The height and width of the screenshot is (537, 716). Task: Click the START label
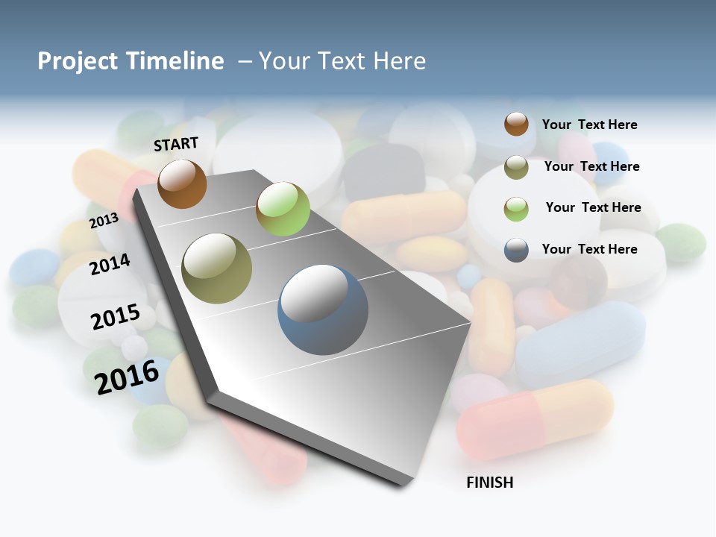(176, 144)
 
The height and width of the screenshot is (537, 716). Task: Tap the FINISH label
(490, 483)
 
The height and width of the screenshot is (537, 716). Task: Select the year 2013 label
(104, 221)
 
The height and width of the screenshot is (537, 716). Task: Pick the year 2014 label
(110, 264)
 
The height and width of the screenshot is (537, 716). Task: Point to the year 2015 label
(115, 317)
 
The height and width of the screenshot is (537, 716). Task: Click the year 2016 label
(127, 377)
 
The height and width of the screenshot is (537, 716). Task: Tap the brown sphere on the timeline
(182, 183)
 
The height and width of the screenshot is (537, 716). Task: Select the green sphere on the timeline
(283, 209)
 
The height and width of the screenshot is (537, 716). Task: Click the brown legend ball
(516, 125)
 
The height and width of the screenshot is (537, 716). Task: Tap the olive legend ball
(516, 167)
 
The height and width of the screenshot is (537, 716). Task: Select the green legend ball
(516, 208)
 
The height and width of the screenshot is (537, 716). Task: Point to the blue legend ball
(516, 250)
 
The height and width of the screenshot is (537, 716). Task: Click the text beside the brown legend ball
(589, 125)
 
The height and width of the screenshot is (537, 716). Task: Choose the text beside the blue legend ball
(589, 249)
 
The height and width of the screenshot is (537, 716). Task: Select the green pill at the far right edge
(681, 242)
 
